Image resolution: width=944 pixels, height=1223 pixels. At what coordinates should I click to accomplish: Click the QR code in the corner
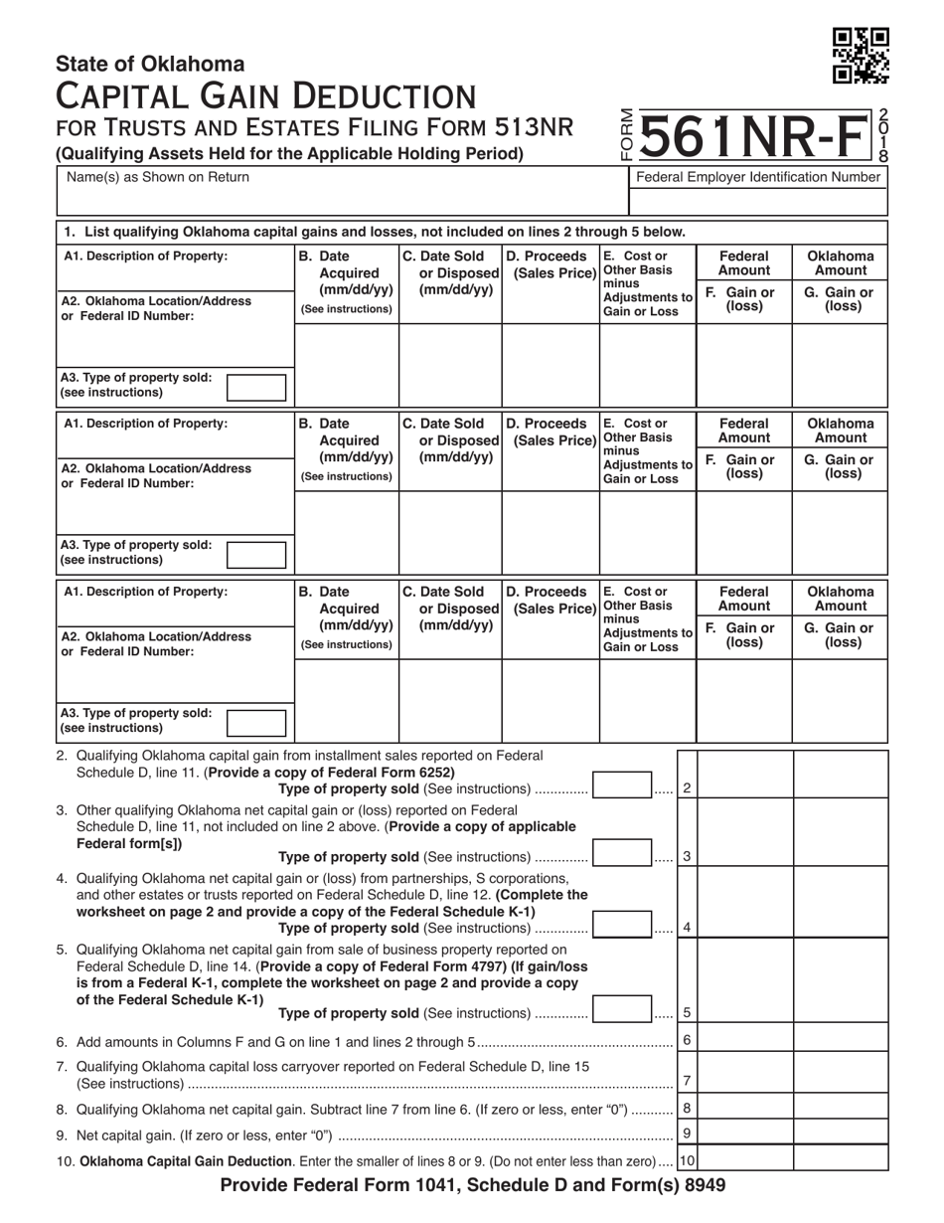point(861,56)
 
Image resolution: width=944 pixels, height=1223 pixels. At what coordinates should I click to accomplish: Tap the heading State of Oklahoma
point(150,65)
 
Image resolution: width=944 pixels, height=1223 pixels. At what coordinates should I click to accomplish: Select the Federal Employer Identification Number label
point(758,177)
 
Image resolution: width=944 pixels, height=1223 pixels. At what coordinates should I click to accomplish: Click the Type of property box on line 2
point(622,787)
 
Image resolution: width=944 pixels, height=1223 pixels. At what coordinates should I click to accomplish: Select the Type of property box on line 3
point(622,855)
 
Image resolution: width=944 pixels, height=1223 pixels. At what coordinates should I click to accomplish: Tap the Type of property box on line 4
point(622,927)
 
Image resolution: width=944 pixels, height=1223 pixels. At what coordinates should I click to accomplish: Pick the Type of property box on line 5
point(622,1012)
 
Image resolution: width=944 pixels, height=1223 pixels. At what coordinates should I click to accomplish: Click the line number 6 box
point(687,1040)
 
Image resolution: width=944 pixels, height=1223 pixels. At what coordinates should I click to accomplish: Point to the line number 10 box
point(687,1159)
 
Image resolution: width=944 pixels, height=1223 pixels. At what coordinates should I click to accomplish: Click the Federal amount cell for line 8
point(743,1108)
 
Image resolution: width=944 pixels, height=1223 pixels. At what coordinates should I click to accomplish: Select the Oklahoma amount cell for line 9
point(840,1133)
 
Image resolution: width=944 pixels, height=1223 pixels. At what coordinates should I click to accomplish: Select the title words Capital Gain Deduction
point(265,97)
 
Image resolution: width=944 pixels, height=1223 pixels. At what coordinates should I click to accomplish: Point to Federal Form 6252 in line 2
point(396,773)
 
